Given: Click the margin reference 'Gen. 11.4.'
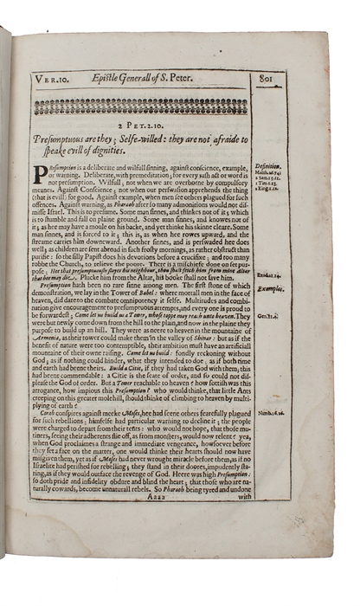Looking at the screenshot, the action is [267, 316].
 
